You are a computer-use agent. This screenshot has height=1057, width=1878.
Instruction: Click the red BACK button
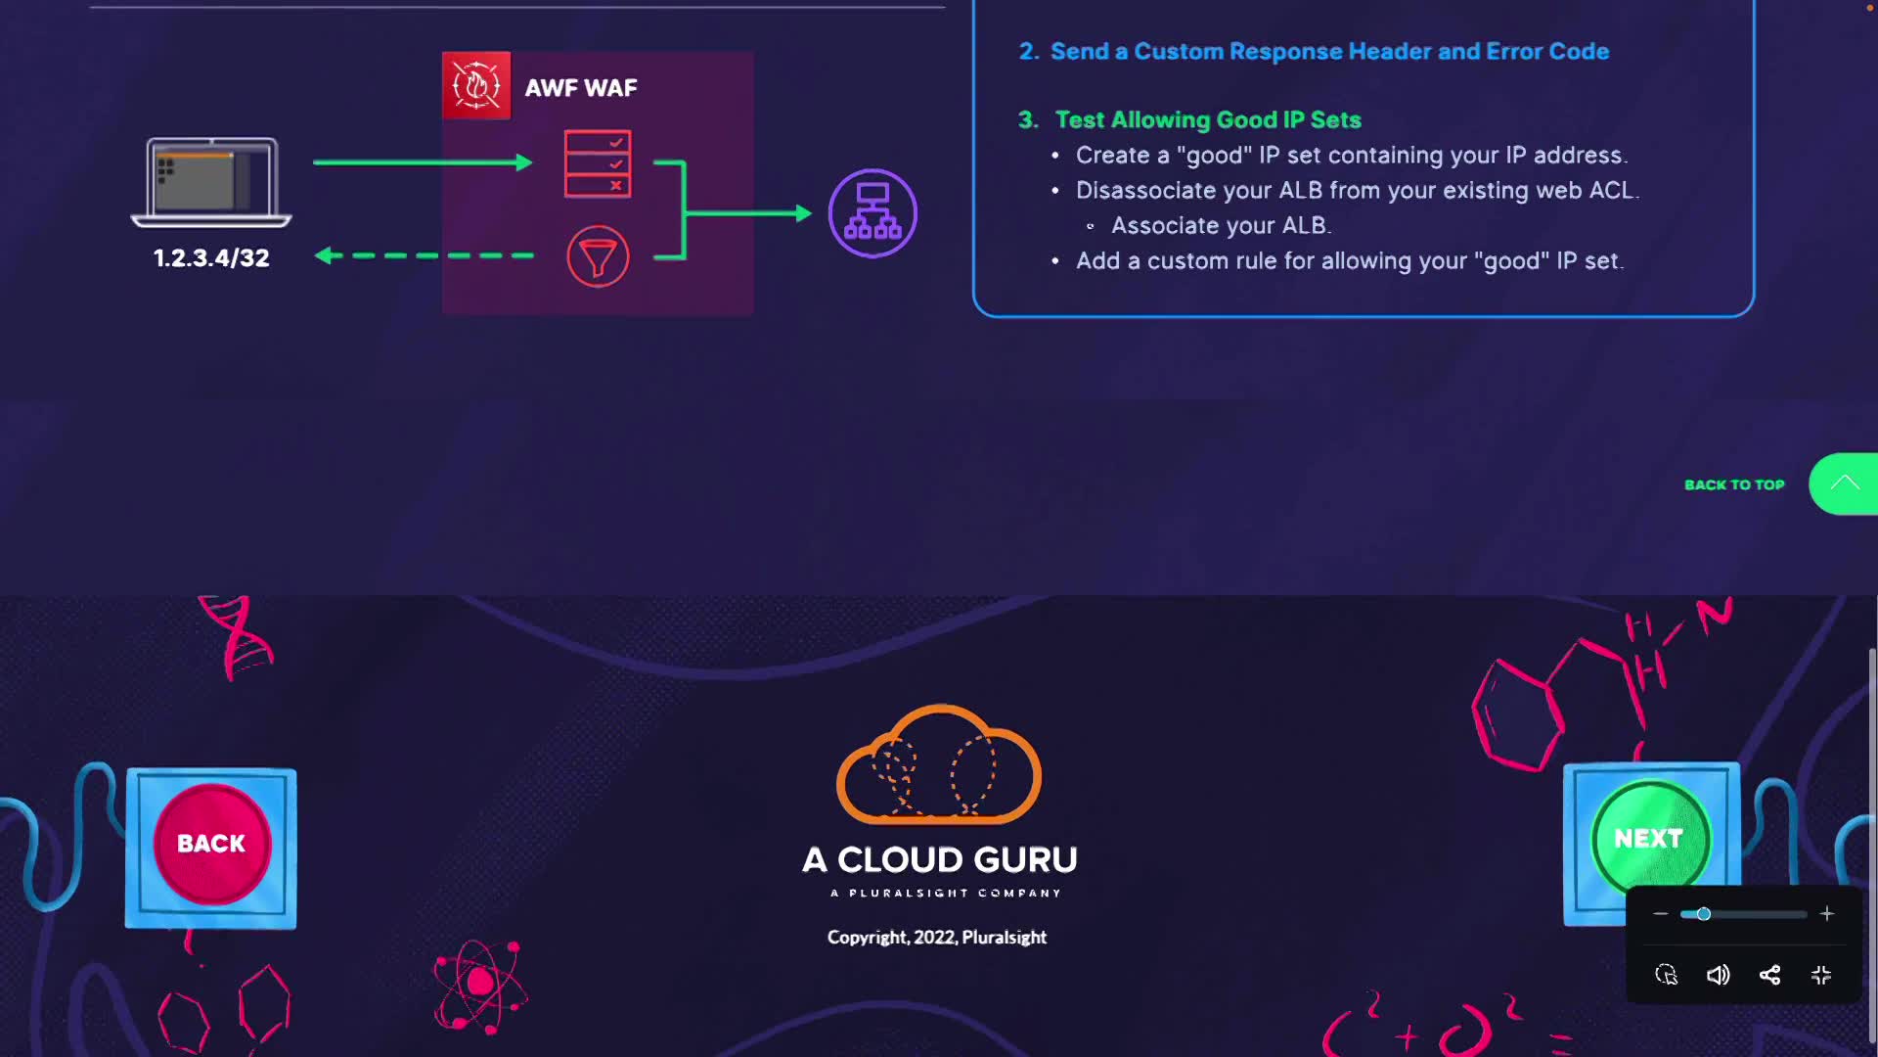click(211, 844)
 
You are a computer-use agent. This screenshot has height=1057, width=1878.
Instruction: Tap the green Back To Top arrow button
click(1844, 483)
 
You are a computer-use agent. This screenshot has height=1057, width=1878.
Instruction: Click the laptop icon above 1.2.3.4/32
click(211, 182)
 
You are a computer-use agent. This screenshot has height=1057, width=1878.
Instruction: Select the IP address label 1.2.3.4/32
click(211, 258)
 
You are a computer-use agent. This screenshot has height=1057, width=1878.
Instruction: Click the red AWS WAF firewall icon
click(476, 86)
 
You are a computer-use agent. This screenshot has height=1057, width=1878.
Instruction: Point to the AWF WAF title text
click(581, 88)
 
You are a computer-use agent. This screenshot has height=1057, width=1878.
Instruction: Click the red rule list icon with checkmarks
click(598, 164)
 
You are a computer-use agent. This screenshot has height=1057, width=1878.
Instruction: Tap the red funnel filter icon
click(598, 256)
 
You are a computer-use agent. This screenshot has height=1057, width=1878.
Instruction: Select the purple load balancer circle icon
click(872, 213)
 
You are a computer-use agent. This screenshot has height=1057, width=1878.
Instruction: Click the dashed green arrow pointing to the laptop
click(424, 255)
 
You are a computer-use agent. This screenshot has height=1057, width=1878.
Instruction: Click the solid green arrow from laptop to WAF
click(423, 162)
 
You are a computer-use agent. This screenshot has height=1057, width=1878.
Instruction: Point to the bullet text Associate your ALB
click(1221, 226)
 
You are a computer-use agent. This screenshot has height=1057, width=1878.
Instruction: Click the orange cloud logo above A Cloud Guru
click(939, 764)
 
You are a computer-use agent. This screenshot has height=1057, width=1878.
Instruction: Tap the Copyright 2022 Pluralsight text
click(937, 938)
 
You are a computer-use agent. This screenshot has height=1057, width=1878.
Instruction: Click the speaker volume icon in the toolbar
click(1719, 975)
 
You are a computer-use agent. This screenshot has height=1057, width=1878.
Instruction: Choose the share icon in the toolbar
click(1769, 975)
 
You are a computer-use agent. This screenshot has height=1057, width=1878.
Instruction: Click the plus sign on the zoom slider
click(1826, 914)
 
